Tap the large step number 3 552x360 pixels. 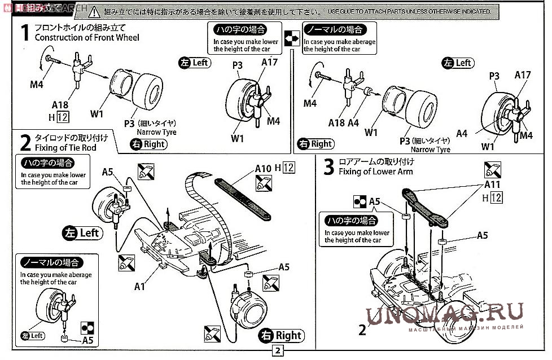click(328, 168)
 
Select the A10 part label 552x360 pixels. click(263, 168)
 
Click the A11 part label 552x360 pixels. click(492, 185)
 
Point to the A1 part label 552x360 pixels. click(140, 286)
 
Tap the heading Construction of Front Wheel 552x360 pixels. click(86, 37)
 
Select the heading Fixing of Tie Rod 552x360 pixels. click(65, 147)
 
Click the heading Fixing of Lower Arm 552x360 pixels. click(376, 172)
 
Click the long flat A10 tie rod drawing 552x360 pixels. click(243, 198)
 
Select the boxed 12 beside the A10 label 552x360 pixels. click(288, 167)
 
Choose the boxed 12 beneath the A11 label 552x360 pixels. click(497, 197)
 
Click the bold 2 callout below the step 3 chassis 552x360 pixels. click(362, 330)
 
